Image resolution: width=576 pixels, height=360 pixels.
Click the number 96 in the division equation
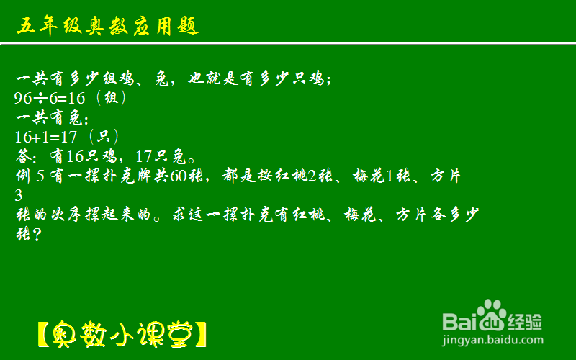pos(23,98)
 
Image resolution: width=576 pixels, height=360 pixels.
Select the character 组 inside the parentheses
pos(111,98)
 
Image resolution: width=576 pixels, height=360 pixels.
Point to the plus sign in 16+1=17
pos(37,138)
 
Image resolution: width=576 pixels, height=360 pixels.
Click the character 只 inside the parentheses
pos(103,137)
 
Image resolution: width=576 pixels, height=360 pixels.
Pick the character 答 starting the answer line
pos(24,156)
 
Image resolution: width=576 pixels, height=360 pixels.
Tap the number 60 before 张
pos(179,176)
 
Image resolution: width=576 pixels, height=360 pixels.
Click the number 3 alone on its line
pos(19,196)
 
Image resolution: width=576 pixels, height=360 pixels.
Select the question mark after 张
pos(37,235)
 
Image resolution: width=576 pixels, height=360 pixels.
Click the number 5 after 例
pos(40,176)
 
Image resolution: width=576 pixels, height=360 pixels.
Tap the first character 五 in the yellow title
pos(26,26)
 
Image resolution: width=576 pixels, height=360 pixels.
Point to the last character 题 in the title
pos(189,26)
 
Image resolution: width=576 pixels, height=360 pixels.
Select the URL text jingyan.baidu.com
pos(492,340)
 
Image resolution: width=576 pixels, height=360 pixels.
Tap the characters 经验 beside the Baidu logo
pos(525,322)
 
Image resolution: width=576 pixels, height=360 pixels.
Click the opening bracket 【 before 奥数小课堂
pos(43,335)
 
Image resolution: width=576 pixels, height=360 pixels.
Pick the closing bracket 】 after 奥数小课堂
pos(201,335)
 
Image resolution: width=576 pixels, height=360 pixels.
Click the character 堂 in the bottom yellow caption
pos(181,335)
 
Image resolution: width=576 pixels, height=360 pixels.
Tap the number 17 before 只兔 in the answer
pos(143,157)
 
